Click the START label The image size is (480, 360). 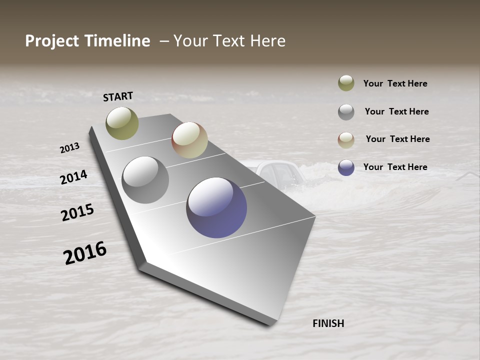pyautogui.click(x=118, y=96)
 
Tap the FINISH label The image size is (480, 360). pyautogui.click(x=328, y=323)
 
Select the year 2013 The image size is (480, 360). pyautogui.click(x=69, y=148)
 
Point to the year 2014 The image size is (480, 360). pyautogui.click(x=74, y=177)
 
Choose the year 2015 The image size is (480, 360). pyautogui.click(x=77, y=213)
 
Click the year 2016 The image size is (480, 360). pyautogui.click(x=85, y=253)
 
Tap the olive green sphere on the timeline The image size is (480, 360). pyautogui.click(x=122, y=123)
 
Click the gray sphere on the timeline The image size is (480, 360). pyautogui.click(x=145, y=180)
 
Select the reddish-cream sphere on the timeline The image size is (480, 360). pyautogui.click(x=189, y=140)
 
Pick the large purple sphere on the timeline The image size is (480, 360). pyautogui.click(x=216, y=207)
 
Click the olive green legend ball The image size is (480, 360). pyautogui.click(x=346, y=83)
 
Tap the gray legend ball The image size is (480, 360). pyautogui.click(x=346, y=112)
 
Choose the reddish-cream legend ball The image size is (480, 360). pyautogui.click(x=346, y=140)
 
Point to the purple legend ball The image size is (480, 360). pyautogui.click(x=346, y=167)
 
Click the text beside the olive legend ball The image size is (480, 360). pyautogui.click(x=395, y=83)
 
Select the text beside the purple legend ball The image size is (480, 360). pyautogui.click(x=395, y=167)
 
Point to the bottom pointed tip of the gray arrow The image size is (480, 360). pyautogui.click(x=270, y=324)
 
